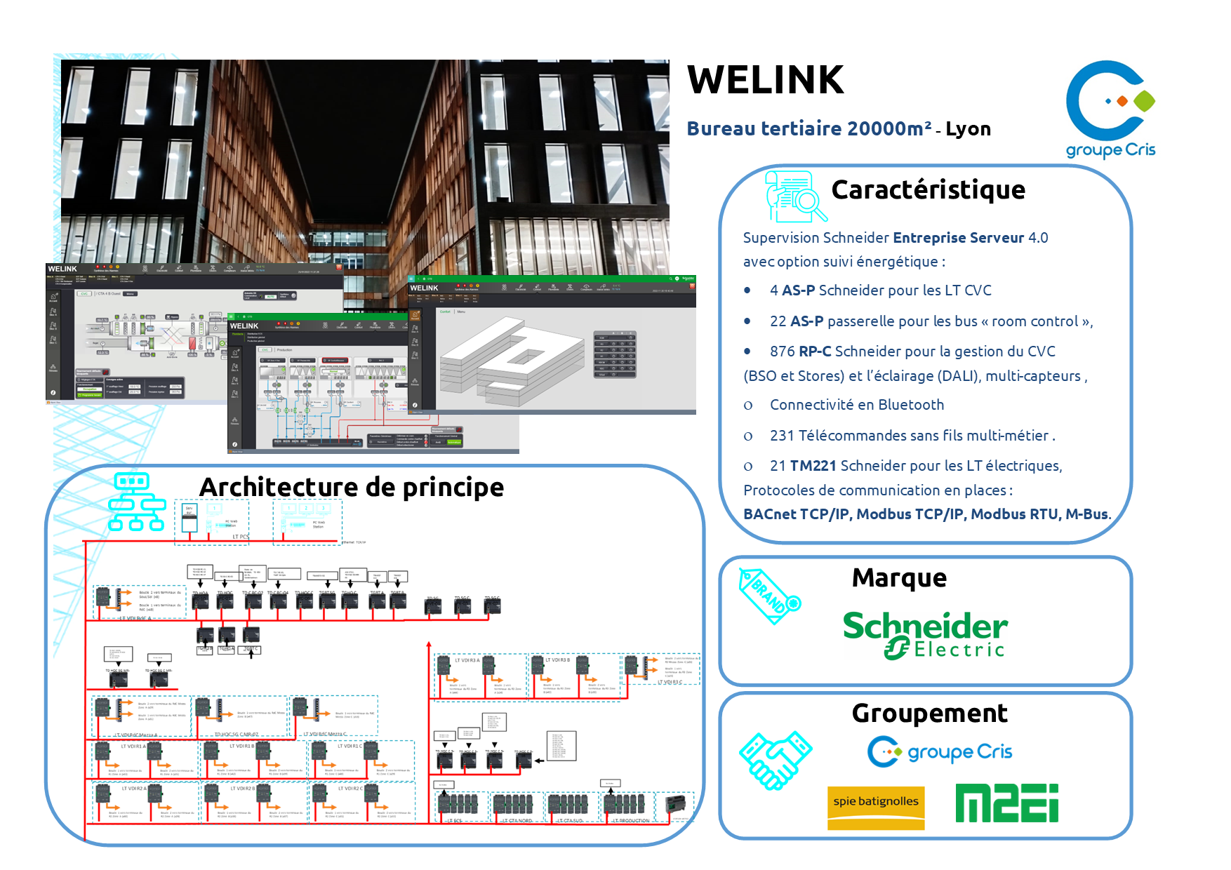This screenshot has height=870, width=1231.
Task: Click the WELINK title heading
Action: [x=765, y=80]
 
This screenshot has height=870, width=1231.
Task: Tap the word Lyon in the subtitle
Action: [x=968, y=129]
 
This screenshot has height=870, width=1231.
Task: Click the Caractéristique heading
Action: [x=928, y=190]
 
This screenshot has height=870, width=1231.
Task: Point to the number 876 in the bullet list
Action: [x=782, y=352]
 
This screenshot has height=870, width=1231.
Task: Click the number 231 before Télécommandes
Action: [x=782, y=436]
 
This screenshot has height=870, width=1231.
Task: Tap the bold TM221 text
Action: [x=813, y=466]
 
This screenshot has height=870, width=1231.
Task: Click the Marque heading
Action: [x=899, y=578]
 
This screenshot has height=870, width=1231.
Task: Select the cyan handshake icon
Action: [x=775, y=760]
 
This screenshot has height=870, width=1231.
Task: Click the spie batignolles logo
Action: [x=876, y=807]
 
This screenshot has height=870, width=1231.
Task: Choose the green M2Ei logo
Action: [x=1006, y=803]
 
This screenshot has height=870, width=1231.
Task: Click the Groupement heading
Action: [x=929, y=714]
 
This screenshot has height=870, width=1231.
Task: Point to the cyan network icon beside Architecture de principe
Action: [x=137, y=502]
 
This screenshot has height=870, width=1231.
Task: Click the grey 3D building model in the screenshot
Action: [x=512, y=361]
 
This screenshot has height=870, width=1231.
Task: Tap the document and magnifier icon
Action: [x=793, y=196]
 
